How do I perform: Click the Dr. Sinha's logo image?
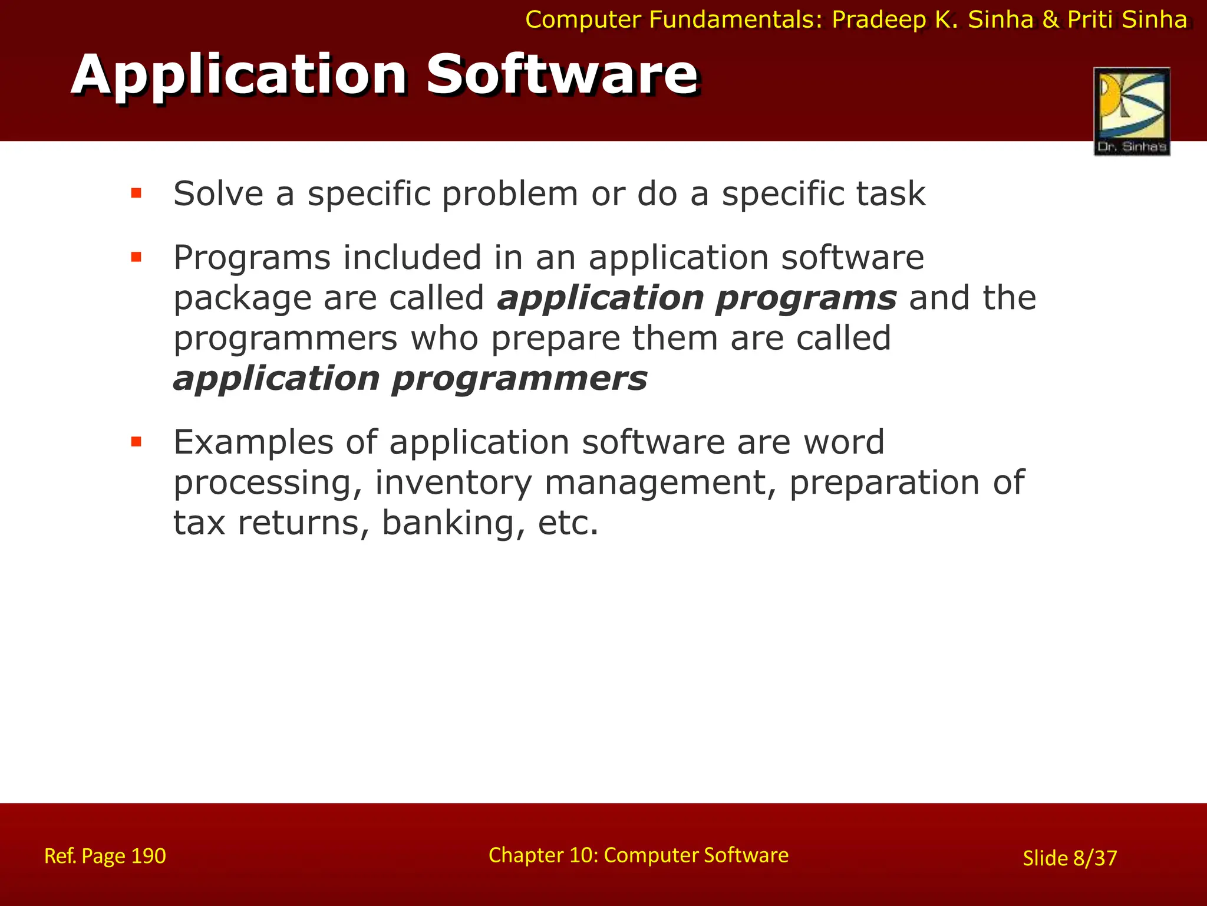click(x=1132, y=111)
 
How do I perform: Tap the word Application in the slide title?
click(x=239, y=75)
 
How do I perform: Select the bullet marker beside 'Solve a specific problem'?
click(x=136, y=193)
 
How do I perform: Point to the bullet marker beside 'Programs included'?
click(x=136, y=257)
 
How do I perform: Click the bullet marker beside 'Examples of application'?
click(x=136, y=441)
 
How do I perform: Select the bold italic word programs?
click(x=806, y=298)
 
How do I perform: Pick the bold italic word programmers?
click(x=519, y=379)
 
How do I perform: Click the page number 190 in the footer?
click(x=148, y=856)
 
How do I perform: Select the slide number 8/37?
click(x=1094, y=858)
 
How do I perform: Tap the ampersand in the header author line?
click(x=1051, y=20)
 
